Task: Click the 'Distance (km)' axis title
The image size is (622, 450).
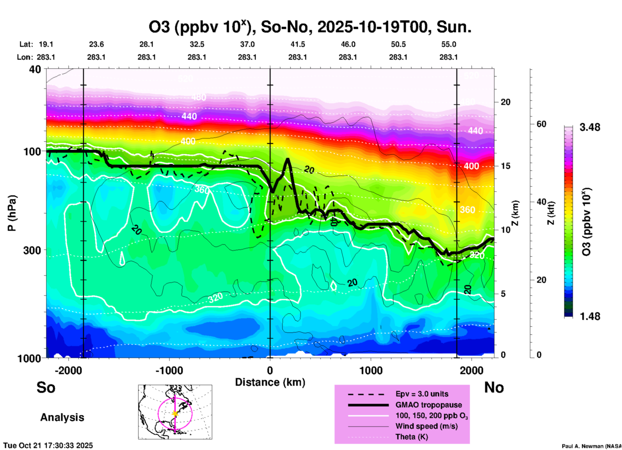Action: coord(270,382)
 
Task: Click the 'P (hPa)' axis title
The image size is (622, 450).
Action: coord(12,213)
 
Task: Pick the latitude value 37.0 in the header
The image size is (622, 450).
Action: coord(247,44)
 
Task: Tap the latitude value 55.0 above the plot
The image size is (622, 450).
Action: coord(449,44)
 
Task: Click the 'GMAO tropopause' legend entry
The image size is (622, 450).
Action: coord(429,405)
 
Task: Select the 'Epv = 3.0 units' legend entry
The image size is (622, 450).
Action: coord(422,394)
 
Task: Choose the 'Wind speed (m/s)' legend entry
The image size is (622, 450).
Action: coord(426,426)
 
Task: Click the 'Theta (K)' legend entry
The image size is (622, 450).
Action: coord(411,437)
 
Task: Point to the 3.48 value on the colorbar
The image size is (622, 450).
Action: coord(590,127)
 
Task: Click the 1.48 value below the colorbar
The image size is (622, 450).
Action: coord(590,316)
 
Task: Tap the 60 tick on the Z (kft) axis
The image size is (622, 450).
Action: coord(541,124)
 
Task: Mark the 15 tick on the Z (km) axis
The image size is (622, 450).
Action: coord(505,166)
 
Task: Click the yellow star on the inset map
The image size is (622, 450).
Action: coord(175,414)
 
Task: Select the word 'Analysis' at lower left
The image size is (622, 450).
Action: coord(62,417)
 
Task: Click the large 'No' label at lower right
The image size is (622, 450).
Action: coord(494,387)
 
